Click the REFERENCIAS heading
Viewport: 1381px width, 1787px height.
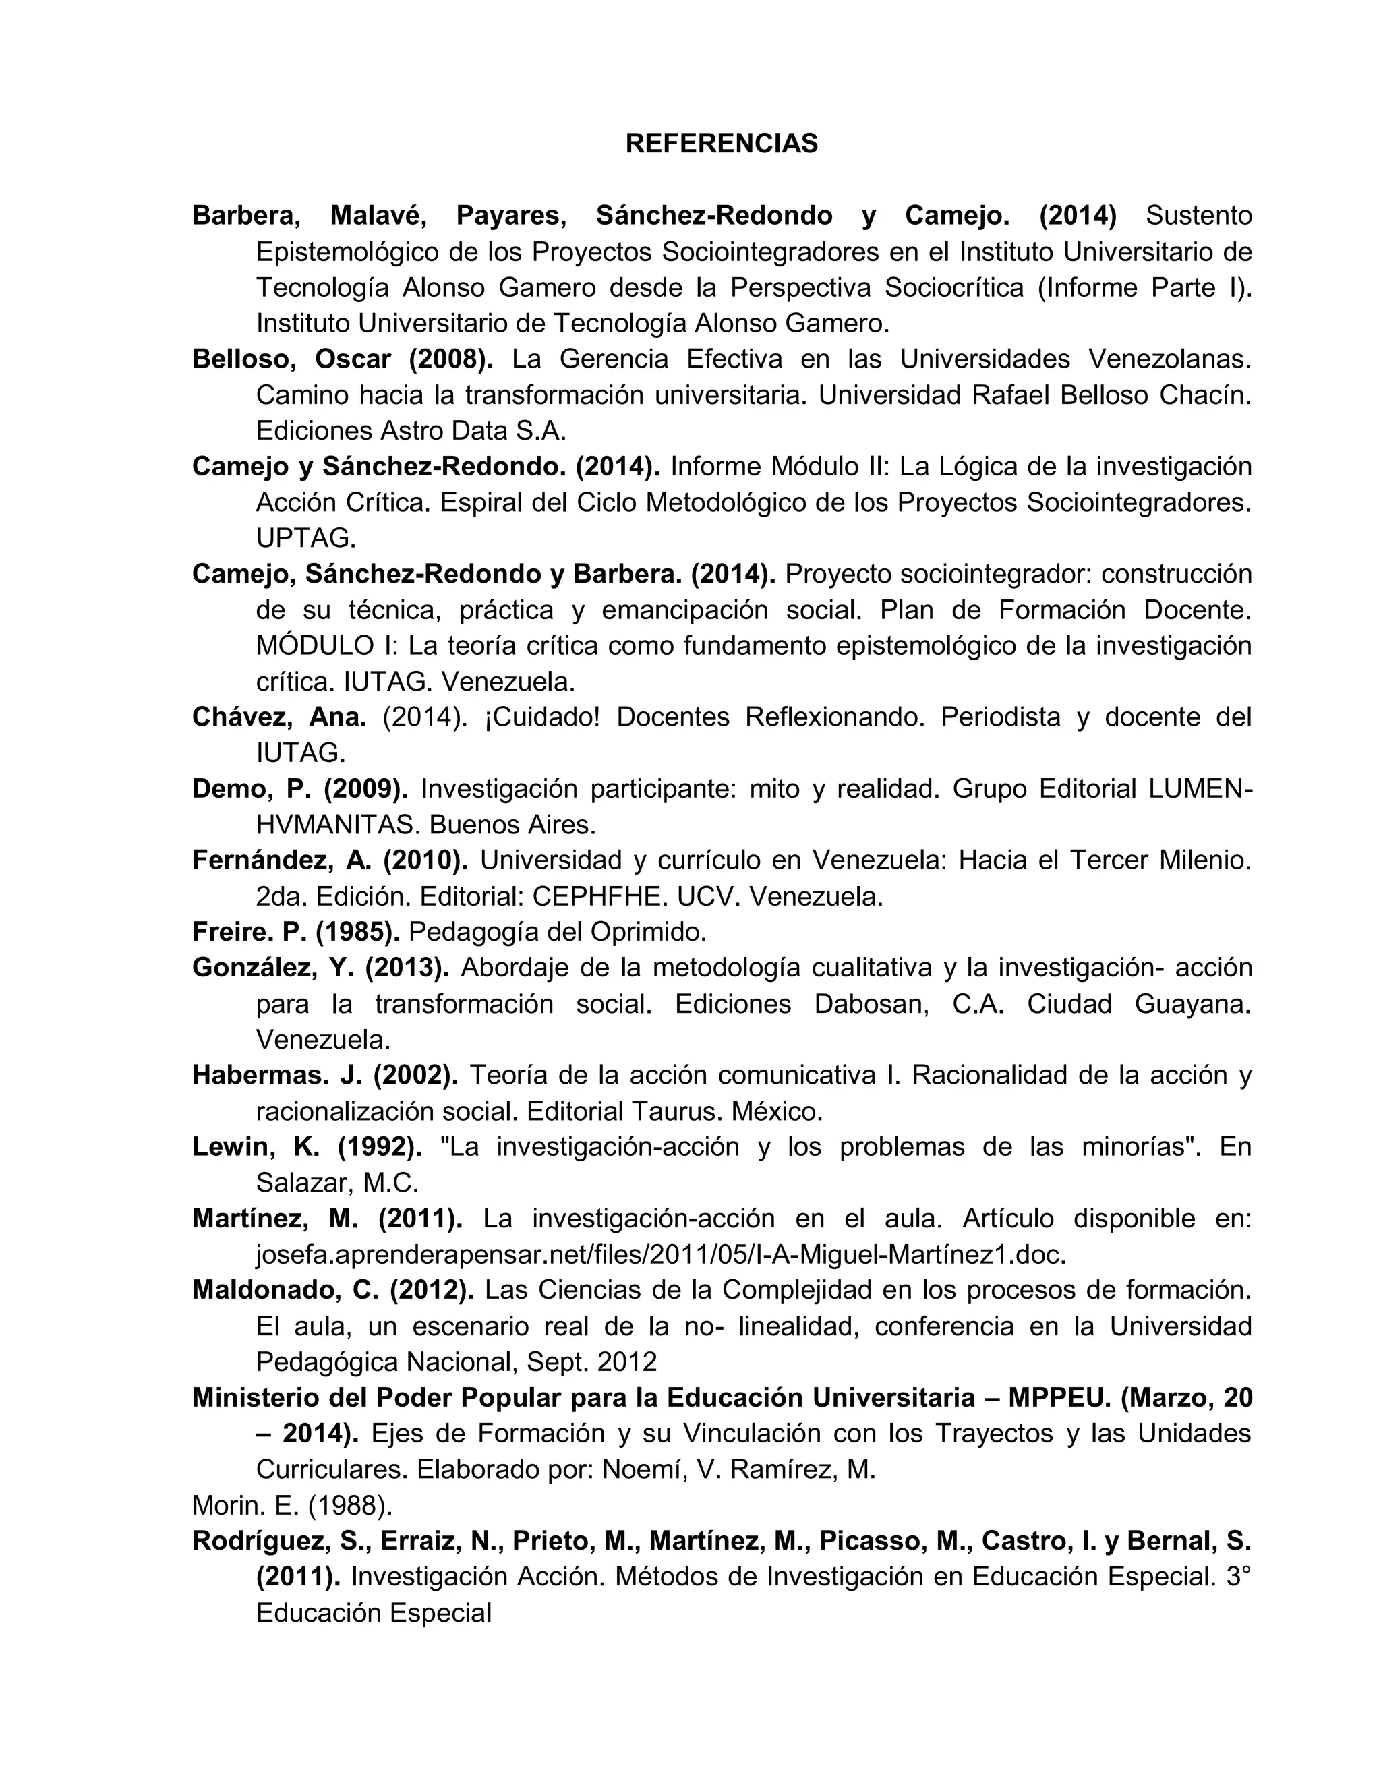point(721,144)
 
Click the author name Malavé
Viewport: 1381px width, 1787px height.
point(376,216)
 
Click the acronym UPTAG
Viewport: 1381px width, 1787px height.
point(305,538)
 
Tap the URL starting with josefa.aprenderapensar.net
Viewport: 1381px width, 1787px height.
point(661,1255)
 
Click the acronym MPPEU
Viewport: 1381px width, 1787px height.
point(1059,1399)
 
